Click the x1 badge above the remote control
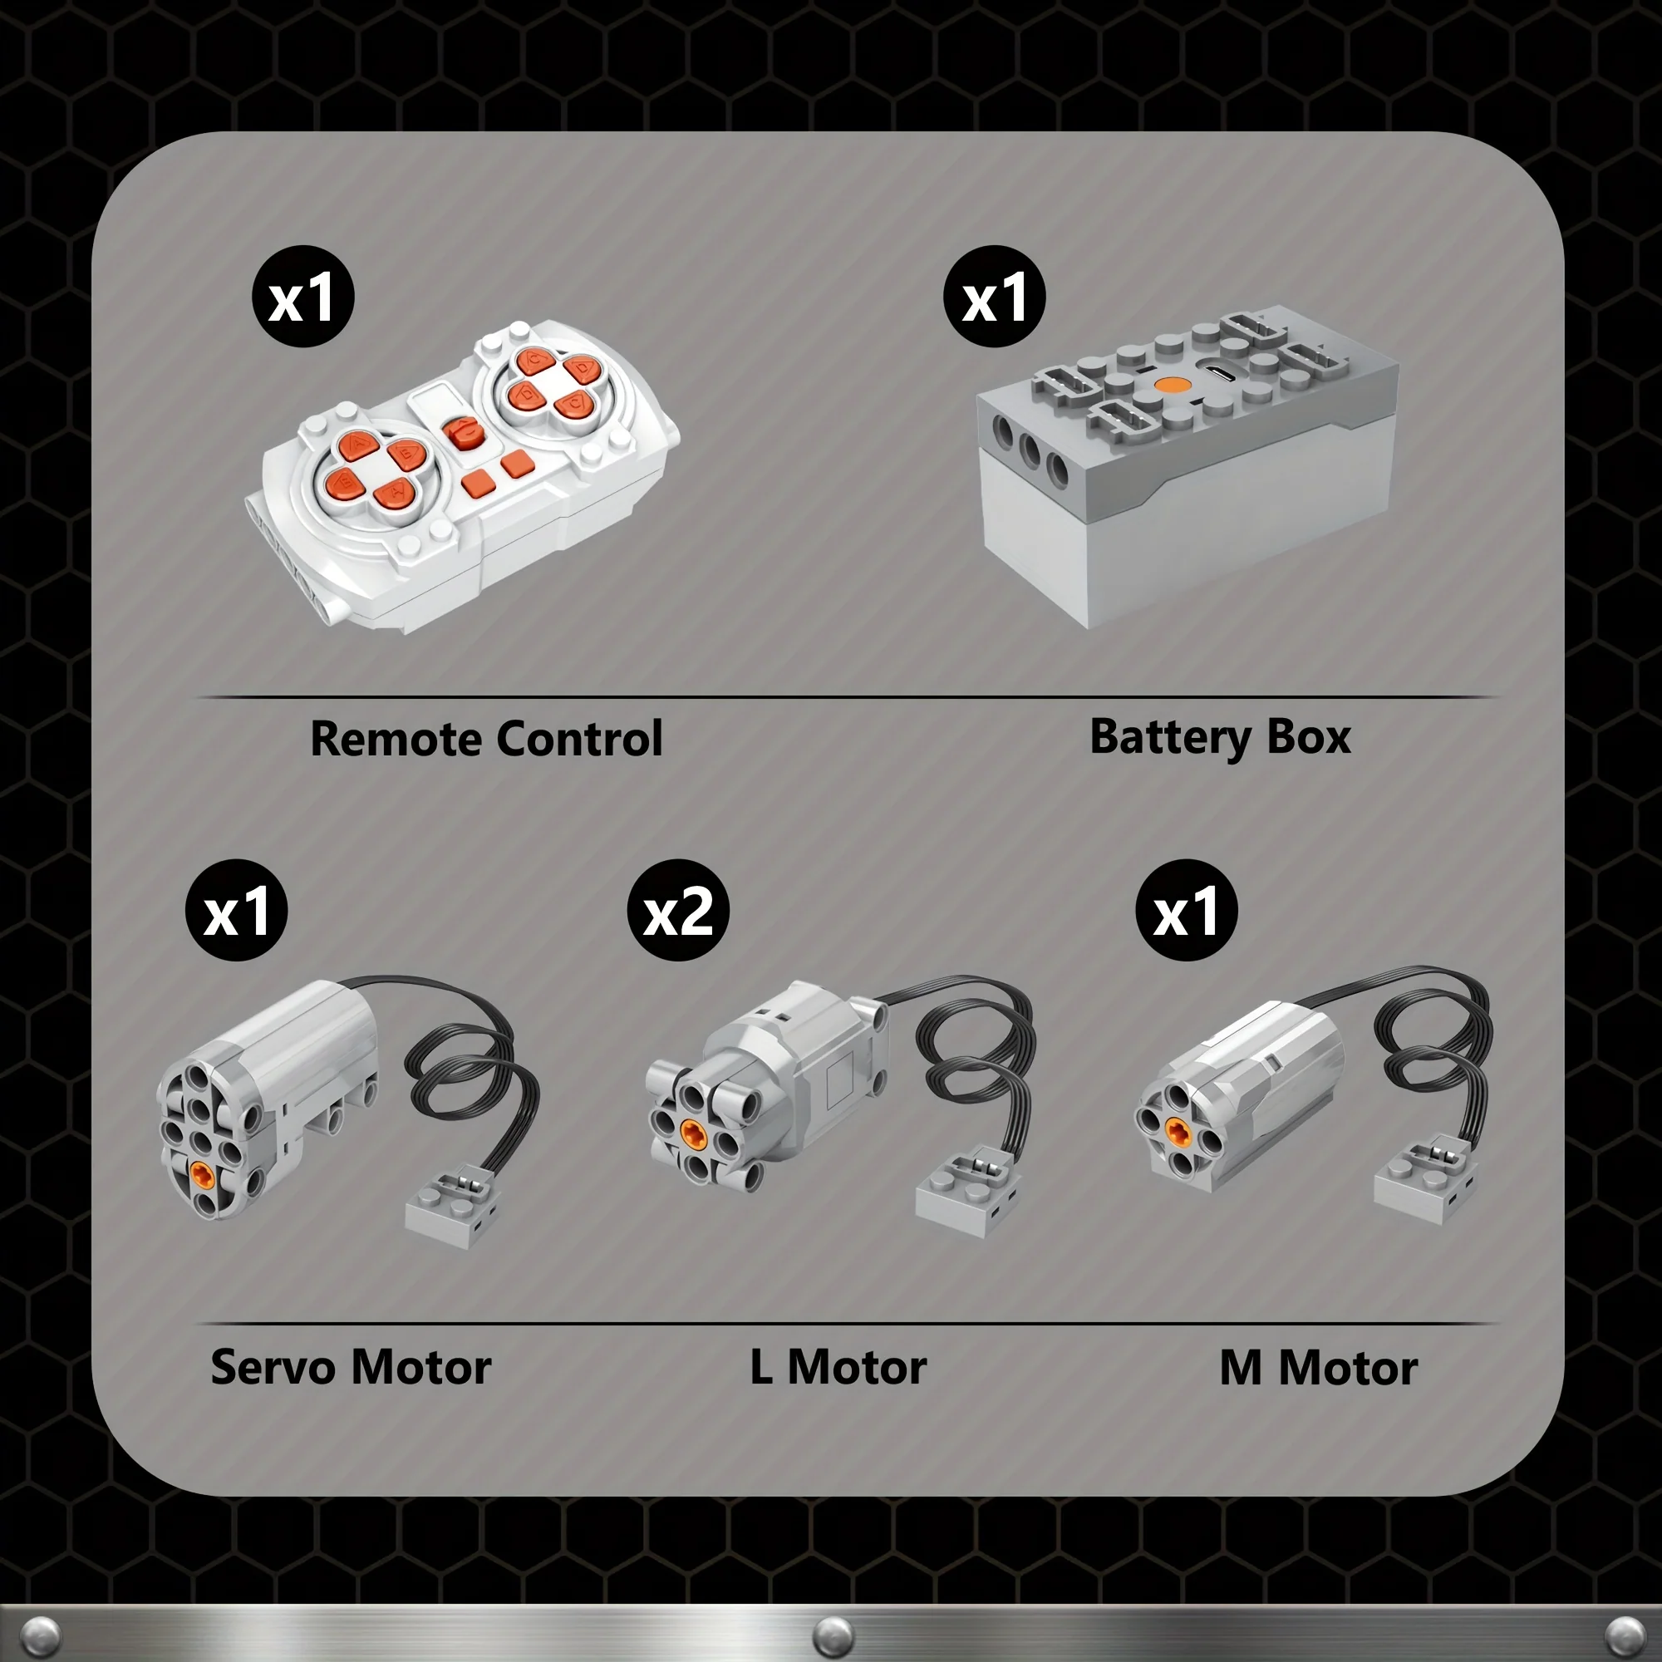pyautogui.click(x=302, y=297)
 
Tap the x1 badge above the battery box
pyautogui.click(x=995, y=297)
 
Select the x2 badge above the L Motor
pyautogui.click(x=678, y=910)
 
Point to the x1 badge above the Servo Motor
pyautogui.click(x=237, y=910)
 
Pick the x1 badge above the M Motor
pyautogui.click(x=1187, y=910)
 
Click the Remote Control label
pyautogui.click(x=486, y=738)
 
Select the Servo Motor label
pyautogui.click(x=351, y=1367)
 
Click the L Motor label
pyautogui.click(x=838, y=1367)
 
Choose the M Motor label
pyautogui.click(x=1319, y=1367)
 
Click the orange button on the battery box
pyautogui.click(x=1169, y=385)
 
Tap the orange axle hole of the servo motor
pyautogui.click(x=203, y=1174)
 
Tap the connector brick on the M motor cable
pyautogui.click(x=1425, y=1180)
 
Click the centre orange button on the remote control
pyautogui.click(x=465, y=432)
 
